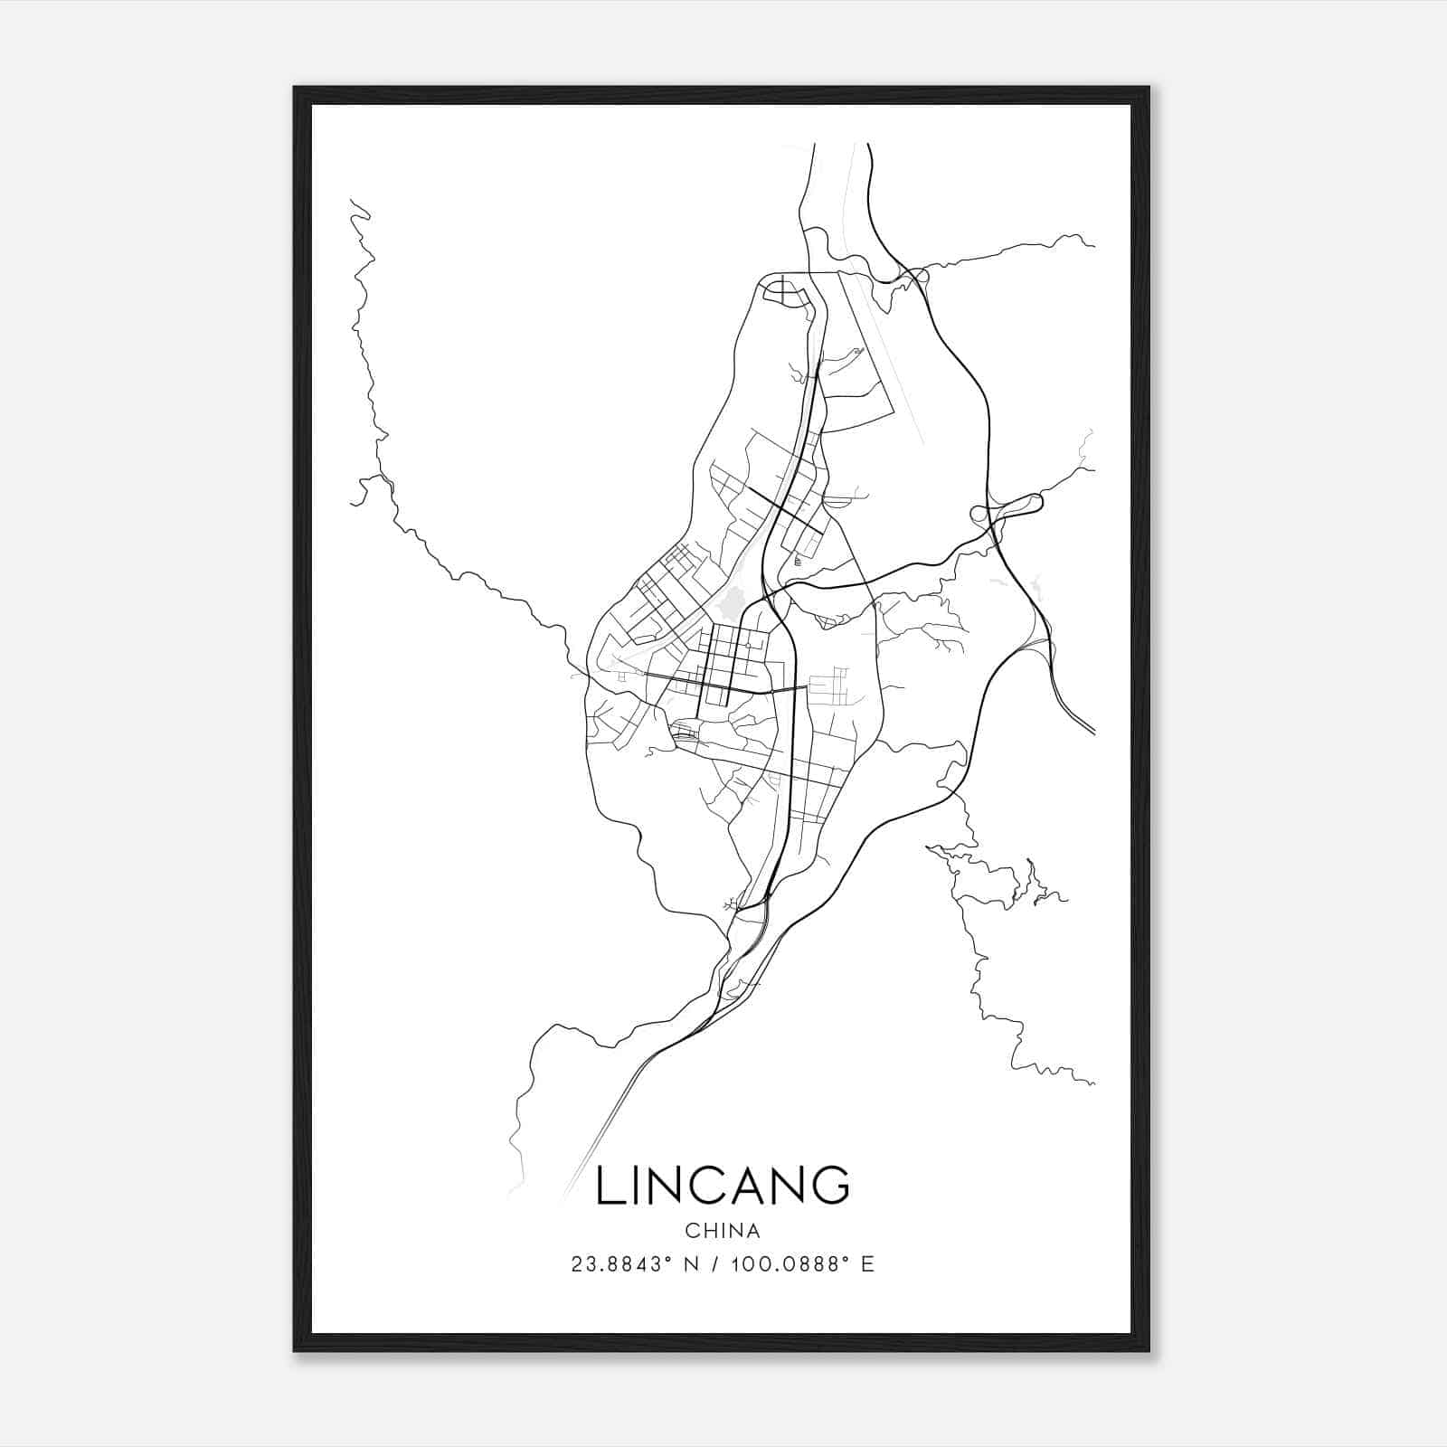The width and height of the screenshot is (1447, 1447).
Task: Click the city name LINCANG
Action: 723,1186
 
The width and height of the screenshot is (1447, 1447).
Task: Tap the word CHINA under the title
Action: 723,1231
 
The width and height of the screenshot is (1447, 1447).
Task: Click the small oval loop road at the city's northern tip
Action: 778,290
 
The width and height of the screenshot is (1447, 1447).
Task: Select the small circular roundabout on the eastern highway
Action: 979,515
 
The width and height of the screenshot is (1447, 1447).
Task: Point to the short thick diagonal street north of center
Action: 783,510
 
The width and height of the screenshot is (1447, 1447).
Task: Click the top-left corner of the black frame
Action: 296,89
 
